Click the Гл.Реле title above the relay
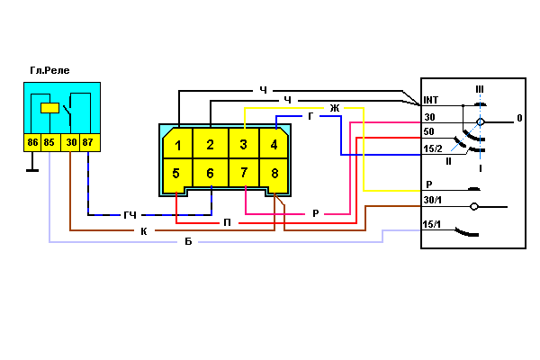[x=49, y=70]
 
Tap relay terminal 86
[x=32, y=142]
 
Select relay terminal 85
[x=50, y=142]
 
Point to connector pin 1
[x=177, y=143]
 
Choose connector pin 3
[x=244, y=143]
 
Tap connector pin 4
[x=274, y=143]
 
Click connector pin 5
[x=177, y=173]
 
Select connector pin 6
[x=210, y=173]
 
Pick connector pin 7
[x=244, y=173]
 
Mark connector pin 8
[x=274, y=174]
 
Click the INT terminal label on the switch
[x=431, y=100]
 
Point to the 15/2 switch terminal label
[x=433, y=148]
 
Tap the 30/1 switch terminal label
[x=433, y=200]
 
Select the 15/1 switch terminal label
[x=432, y=224]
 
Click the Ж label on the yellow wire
[x=335, y=108]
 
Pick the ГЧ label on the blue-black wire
[x=130, y=215]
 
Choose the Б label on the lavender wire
[x=188, y=241]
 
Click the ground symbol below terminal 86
[x=32, y=170]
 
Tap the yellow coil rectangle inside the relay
[x=49, y=108]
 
